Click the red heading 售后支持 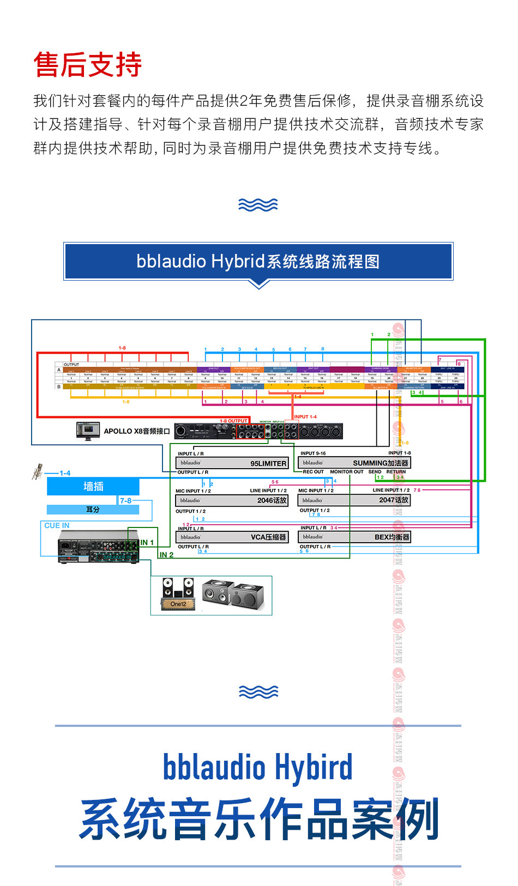click(88, 65)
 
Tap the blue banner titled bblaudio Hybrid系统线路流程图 click(258, 262)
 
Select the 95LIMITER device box click(232, 463)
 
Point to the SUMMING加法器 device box click(354, 463)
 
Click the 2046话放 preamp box click(232, 500)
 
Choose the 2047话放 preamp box click(354, 500)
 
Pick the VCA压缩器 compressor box click(232, 537)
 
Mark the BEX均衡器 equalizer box click(354, 537)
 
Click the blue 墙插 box click(93, 487)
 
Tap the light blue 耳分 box click(93, 509)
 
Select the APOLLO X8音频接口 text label click(137, 431)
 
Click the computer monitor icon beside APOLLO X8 click(88, 431)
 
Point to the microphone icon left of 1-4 click(38, 471)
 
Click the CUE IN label click(57, 525)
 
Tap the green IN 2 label click(166, 555)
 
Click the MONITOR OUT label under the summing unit click(347, 472)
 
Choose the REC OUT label click(313, 472)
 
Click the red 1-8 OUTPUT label click(233, 421)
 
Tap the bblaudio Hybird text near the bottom click(258, 767)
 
